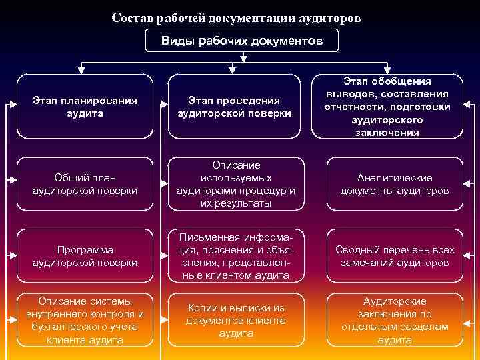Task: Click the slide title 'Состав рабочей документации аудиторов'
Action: (x=237, y=18)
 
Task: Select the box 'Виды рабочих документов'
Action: (x=242, y=41)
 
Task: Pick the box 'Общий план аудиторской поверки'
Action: (x=85, y=184)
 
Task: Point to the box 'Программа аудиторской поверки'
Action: (x=85, y=256)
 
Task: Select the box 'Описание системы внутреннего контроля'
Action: (x=85, y=321)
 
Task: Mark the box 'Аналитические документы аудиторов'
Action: (x=395, y=184)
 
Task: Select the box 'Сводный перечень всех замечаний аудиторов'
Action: (x=395, y=256)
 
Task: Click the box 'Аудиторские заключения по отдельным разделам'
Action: (x=395, y=321)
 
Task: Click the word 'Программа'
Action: (x=85, y=250)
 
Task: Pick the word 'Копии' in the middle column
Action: (x=203, y=308)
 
